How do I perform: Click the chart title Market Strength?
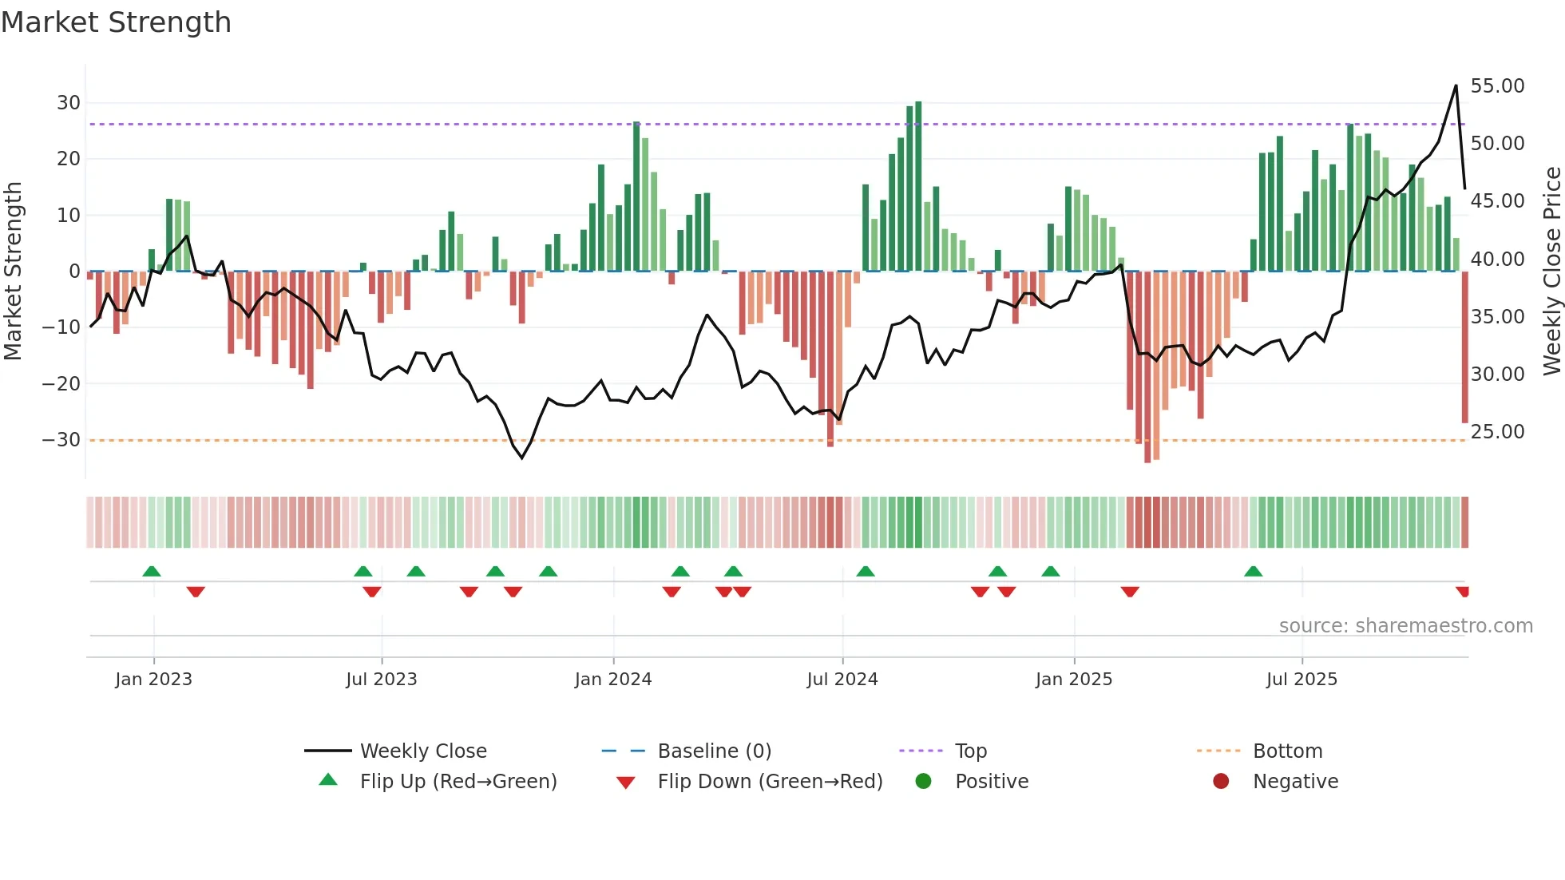pos(116,22)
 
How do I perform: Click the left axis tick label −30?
pos(61,440)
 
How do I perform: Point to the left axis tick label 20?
pos(68,159)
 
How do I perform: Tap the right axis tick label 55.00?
pos(1497,86)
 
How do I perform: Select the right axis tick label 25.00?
pos(1497,432)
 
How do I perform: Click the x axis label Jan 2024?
pos(612,680)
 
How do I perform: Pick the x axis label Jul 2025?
pos(1302,680)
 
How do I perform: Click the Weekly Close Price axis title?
pos(1551,272)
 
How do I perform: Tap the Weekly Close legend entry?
pos(422,751)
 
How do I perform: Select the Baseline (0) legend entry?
pos(714,751)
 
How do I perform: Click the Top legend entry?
pos(971,751)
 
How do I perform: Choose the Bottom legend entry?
pos(1287,751)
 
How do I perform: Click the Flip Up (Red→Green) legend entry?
pos(458,782)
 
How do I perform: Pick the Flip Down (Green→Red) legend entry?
pos(769,782)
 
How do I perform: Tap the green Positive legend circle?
pos(924,782)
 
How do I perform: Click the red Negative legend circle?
pos(1221,782)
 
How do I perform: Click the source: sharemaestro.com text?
pos(1405,626)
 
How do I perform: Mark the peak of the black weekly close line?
pos(1456,85)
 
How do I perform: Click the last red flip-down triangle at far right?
pos(1462,592)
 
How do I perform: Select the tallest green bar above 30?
pos(918,184)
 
